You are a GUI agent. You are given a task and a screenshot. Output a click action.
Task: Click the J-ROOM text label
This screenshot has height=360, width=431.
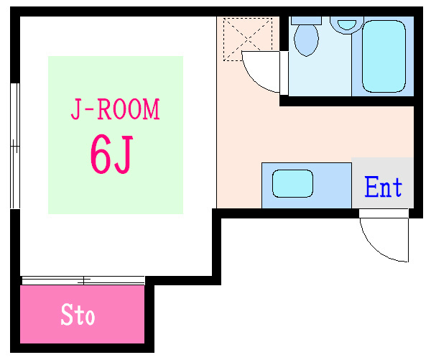(115, 111)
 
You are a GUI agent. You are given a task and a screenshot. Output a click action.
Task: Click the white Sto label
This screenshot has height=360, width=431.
(78, 315)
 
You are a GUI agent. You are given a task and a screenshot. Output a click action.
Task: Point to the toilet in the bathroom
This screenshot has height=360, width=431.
(307, 40)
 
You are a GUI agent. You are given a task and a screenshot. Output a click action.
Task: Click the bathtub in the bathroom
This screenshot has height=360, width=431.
(384, 57)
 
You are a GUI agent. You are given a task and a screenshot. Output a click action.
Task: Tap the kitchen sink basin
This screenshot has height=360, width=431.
(292, 184)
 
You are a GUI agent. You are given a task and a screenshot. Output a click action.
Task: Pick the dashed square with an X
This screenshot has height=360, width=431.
(248, 40)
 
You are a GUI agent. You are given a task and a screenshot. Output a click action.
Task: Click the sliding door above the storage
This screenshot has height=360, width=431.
(83, 280)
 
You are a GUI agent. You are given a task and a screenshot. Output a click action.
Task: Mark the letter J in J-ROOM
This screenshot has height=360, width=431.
(74, 111)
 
